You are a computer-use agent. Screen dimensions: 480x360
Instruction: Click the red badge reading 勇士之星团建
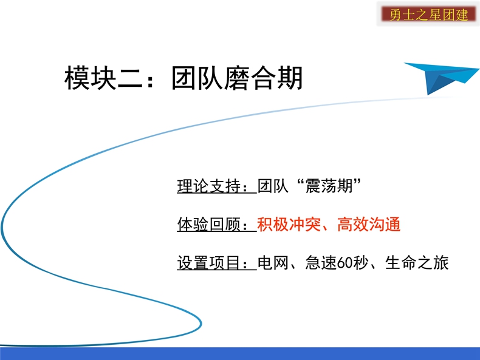click(x=428, y=14)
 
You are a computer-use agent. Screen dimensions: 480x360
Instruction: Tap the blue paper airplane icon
click(x=441, y=78)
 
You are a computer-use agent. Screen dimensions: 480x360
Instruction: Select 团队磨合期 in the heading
click(x=237, y=78)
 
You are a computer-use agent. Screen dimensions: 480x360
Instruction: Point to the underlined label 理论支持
click(x=209, y=186)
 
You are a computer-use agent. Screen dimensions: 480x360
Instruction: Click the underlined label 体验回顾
click(x=209, y=224)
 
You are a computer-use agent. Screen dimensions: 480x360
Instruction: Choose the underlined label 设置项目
click(x=209, y=263)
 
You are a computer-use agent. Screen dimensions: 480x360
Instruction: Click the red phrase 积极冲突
click(x=289, y=224)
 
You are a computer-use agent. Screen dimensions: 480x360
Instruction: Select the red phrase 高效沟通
click(x=369, y=224)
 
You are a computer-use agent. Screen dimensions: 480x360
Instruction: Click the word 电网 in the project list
click(x=273, y=263)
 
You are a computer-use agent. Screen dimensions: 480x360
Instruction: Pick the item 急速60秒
click(x=337, y=263)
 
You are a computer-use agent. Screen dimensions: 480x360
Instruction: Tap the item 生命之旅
click(x=417, y=263)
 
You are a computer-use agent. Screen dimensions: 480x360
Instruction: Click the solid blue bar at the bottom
click(x=240, y=353)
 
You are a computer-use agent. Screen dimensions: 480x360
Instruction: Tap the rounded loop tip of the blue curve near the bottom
click(x=201, y=324)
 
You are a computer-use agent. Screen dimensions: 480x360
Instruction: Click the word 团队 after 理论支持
click(x=273, y=186)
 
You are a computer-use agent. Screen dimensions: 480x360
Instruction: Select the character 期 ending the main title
click(x=290, y=78)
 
